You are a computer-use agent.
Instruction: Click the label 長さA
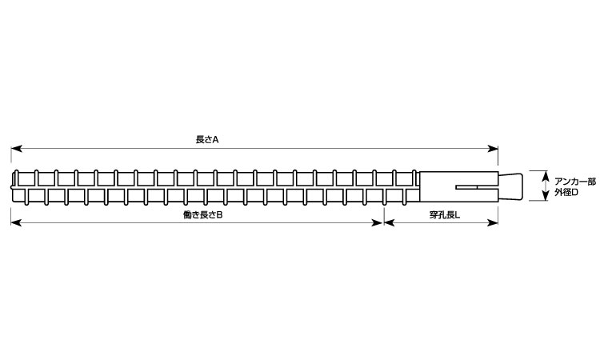coord(207,140)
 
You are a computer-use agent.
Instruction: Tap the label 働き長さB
coord(203,215)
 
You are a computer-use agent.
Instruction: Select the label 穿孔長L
coord(445,215)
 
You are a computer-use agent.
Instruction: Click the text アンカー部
coord(575,182)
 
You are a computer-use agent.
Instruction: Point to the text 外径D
coord(566,193)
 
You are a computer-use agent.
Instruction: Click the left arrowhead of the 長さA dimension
coord(16,149)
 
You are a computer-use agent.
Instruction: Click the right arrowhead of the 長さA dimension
coord(493,149)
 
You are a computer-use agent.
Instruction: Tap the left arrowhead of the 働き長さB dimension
coord(16,222)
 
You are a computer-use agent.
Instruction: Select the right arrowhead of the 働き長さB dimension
coord(378,222)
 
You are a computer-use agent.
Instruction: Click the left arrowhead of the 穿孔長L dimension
coord(389,222)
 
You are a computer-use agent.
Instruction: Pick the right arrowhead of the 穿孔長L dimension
coord(493,222)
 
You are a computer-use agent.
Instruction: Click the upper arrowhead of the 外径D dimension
coord(546,176)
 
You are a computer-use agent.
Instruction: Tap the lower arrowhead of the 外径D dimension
coord(546,196)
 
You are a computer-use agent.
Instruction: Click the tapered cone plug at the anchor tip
coord(510,186)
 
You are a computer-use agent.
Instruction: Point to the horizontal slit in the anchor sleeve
coord(477,188)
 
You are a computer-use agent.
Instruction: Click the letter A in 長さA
coord(216,140)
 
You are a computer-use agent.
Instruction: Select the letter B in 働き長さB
coord(220,215)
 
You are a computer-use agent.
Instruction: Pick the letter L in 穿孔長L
coord(458,215)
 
